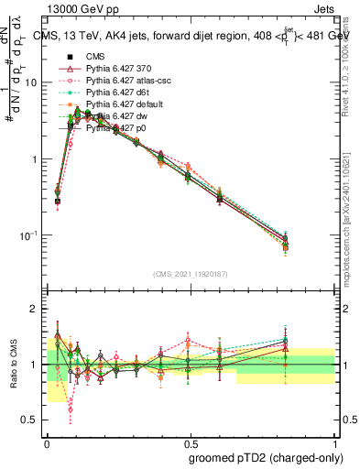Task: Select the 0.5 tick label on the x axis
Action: (x=190, y=442)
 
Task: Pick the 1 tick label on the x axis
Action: (x=333, y=442)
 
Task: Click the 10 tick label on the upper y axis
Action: (x=31, y=82)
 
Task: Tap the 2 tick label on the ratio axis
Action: (x=35, y=310)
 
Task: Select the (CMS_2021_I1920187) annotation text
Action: (x=191, y=272)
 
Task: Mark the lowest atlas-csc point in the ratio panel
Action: (x=71, y=409)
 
